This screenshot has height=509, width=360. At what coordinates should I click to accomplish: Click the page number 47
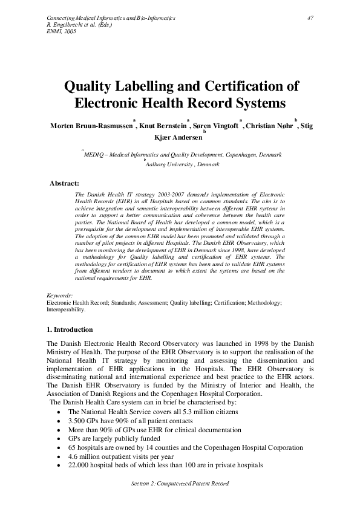310,18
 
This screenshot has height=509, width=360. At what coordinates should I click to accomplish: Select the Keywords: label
60,295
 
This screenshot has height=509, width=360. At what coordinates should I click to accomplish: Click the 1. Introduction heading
70,329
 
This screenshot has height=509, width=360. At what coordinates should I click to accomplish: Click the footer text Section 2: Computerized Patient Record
180,484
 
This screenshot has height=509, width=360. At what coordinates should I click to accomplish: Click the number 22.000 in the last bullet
80,465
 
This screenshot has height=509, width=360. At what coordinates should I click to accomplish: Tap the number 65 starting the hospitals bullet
72,447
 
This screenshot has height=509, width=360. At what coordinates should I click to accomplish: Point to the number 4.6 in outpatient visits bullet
73,456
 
